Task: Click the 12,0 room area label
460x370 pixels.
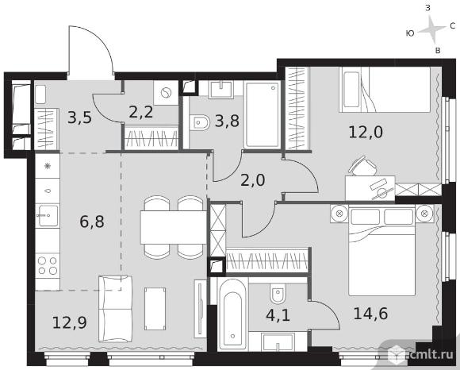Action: tap(366, 132)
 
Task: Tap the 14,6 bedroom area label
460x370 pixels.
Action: tap(370, 314)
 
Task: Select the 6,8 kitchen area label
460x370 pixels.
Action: tap(92, 222)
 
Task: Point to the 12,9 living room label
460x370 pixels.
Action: tap(70, 322)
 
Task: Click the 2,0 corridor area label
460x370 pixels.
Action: tap(252, 180)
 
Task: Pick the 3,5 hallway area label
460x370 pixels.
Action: tap(79, 118)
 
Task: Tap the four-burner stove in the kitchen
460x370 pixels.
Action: tap(48, 265)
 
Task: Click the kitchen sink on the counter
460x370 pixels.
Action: tap(48, 216)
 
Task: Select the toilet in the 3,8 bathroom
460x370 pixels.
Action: tap(200, 122)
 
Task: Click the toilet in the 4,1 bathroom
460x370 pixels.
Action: tap(277, 294)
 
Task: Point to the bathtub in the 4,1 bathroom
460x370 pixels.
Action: tap(233, 314)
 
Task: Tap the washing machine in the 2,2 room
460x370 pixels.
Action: tap(166, 93)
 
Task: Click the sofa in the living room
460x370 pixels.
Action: tap(115, 308)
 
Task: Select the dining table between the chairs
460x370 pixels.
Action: tap(174, 227)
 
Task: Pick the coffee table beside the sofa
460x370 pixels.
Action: tap(155, 309)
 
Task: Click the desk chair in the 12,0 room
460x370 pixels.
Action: tap(362, 166)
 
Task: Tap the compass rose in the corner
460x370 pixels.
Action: tap(431, 29)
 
